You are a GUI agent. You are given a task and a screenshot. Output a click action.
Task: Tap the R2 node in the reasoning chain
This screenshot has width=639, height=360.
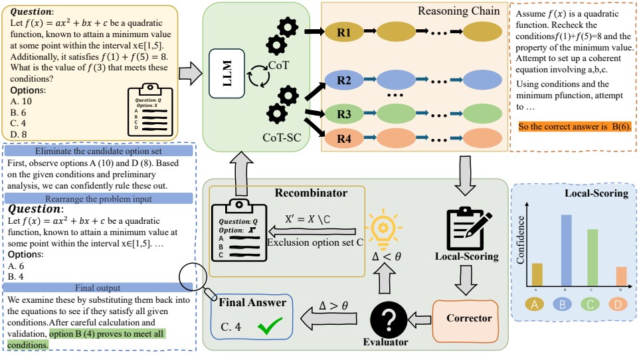tap(343, 80)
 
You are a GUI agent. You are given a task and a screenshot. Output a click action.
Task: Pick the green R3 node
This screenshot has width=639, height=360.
tap(343, 114)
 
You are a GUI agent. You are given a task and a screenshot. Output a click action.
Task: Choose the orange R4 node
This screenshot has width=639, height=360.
tap(343, 139)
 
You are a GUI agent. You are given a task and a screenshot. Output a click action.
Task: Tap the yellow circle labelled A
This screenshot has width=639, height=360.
tap(537, 306)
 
